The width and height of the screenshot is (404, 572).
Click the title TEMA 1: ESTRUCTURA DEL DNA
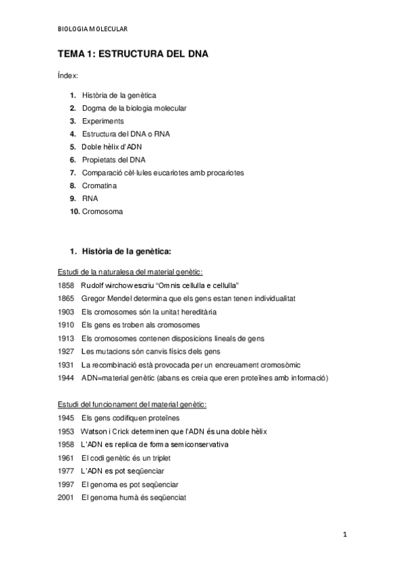pyautogui.click(x=132, y=55)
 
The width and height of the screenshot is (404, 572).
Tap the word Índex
pyautogui.click(x=67, y=76)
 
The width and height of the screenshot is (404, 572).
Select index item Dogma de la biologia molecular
pyautogui.click(x=134, y=108)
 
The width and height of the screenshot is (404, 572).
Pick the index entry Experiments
pyautogui.click(x=103, y=121)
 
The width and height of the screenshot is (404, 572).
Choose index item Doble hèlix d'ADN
pyautogui.click(x=112, y=146)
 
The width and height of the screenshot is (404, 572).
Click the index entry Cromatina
pyautogui.click(x=99, y=185)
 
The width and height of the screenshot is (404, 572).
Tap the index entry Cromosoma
pyautogui.click(x=103, y=211)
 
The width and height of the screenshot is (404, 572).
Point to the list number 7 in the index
pyautogui.click(x=72, y=173)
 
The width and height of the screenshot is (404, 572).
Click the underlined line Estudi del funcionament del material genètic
pyautogui.click(x=132, y=405)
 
